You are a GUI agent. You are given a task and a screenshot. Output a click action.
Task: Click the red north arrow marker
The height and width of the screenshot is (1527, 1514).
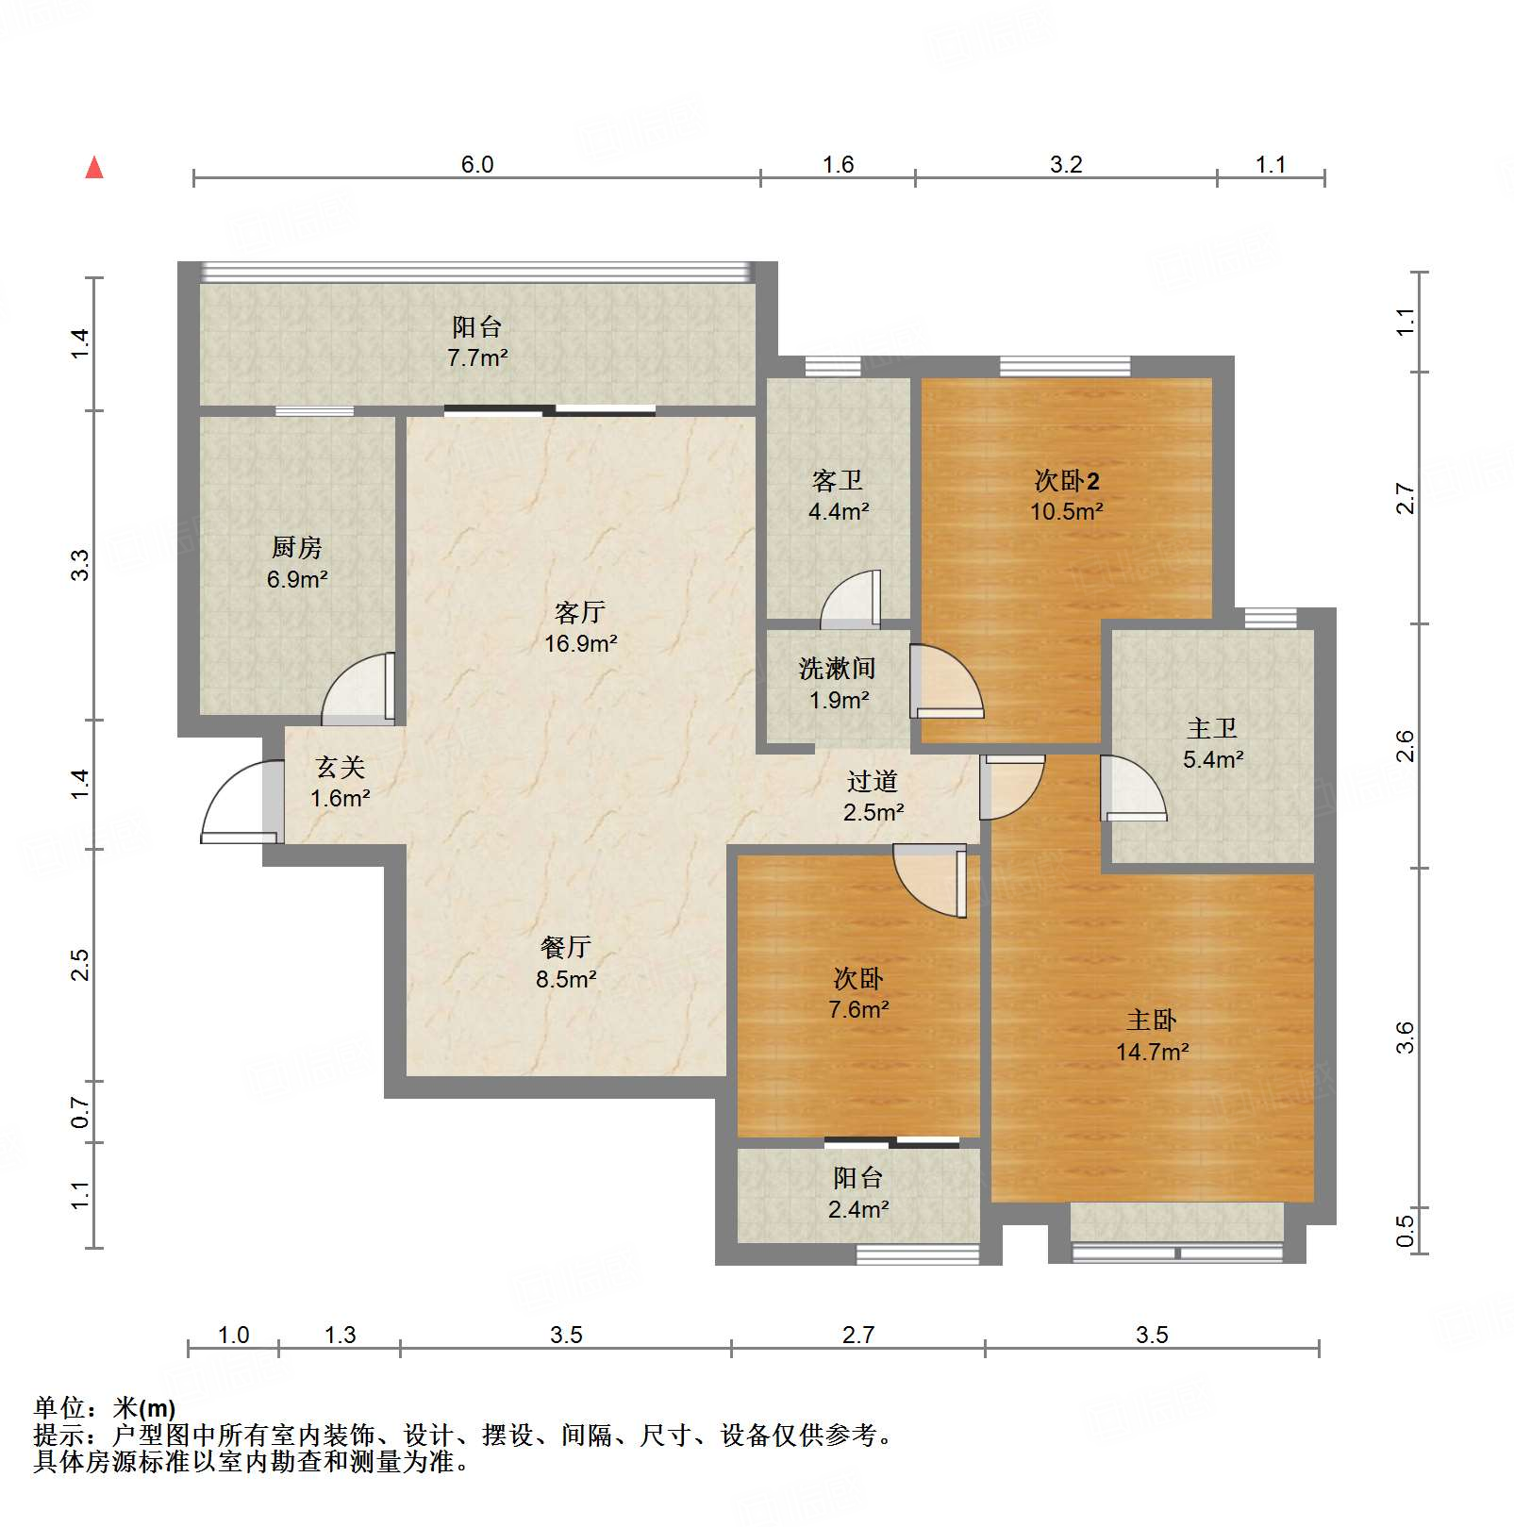[x=94, y=168]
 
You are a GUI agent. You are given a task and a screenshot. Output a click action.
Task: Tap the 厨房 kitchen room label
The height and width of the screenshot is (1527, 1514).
[x=296, y=547]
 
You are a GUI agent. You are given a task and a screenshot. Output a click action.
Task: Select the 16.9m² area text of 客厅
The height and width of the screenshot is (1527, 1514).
[x=580, y=644]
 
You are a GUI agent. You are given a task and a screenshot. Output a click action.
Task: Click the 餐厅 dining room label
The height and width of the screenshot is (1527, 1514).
[x=566, y=947]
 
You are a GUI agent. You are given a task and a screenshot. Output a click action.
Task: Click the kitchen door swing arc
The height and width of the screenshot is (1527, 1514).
[x=356, y=689]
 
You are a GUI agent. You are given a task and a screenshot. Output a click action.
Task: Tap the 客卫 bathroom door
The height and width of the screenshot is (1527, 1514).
[x=852, y=601]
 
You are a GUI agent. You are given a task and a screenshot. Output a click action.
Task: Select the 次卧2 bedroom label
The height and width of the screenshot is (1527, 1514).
[x=1066, y=481]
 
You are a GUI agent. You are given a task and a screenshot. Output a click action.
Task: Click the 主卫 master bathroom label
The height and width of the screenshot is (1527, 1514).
[x=1212, y=728]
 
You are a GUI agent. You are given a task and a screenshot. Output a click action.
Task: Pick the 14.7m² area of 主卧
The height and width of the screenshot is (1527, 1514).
[x=1152, y=1052]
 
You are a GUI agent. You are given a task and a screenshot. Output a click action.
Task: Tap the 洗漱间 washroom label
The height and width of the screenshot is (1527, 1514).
[x=837, y=669]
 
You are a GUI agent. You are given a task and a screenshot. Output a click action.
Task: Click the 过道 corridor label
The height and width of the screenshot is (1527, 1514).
[x=872, y=781]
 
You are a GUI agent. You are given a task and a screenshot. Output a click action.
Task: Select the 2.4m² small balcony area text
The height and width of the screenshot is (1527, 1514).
[x=858, y=1209]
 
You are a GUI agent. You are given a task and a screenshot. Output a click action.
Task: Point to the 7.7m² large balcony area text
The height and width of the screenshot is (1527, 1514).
[x=477, y=358]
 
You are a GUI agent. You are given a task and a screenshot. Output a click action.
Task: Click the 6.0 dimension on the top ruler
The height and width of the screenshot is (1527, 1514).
[x=477, y=164]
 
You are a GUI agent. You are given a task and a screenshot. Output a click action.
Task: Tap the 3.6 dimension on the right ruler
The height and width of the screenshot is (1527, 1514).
[x=1405, y=1037]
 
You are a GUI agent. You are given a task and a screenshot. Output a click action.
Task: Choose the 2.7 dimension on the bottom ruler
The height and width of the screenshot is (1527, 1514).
[x=858, y=1335]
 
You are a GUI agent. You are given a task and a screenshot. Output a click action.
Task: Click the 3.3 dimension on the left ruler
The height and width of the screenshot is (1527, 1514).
[x=80, y=565]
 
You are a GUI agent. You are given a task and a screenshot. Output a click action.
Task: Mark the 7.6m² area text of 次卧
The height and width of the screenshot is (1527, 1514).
[x=858, y=1010]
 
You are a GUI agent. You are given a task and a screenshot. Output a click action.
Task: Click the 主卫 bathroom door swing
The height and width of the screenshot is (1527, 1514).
[x=1133, y=788]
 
